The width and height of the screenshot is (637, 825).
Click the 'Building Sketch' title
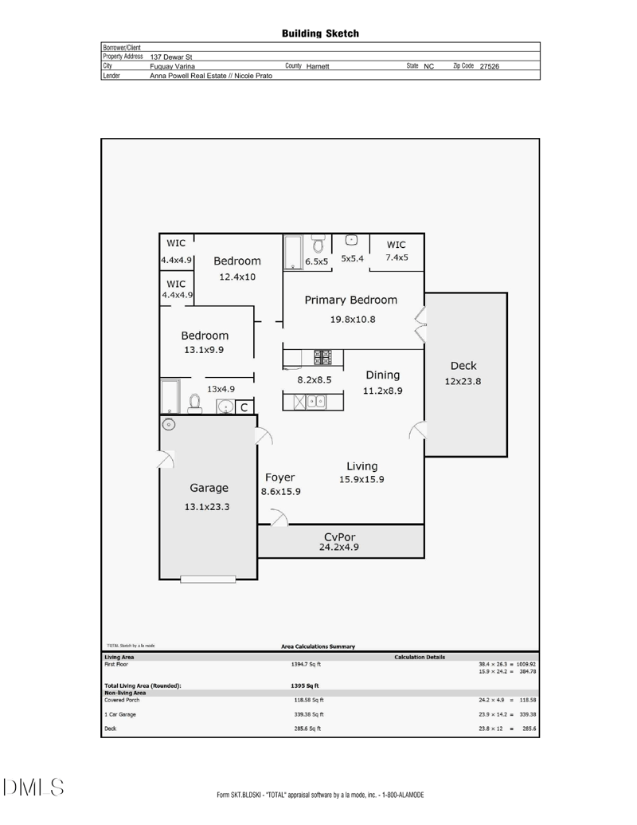pos(320,33)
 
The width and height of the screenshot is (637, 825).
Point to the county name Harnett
pos(321,66)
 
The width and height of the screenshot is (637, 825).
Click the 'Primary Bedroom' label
pos(350,301)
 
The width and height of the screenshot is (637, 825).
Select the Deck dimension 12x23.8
pos(463,381)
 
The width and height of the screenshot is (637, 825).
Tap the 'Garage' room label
pos(209,488)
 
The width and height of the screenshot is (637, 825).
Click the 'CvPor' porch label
pos(340,536)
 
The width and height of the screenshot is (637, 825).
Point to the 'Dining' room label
pos(382,375)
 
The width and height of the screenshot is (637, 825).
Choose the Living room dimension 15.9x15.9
pos(361,480)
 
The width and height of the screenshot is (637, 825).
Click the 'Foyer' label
pos(279,477)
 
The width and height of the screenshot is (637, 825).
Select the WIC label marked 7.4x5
pos(397,257)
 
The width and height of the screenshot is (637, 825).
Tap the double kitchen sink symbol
pos(315,401)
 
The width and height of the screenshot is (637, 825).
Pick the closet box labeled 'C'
pos(245,407)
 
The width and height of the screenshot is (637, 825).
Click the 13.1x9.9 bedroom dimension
pos(205,349)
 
